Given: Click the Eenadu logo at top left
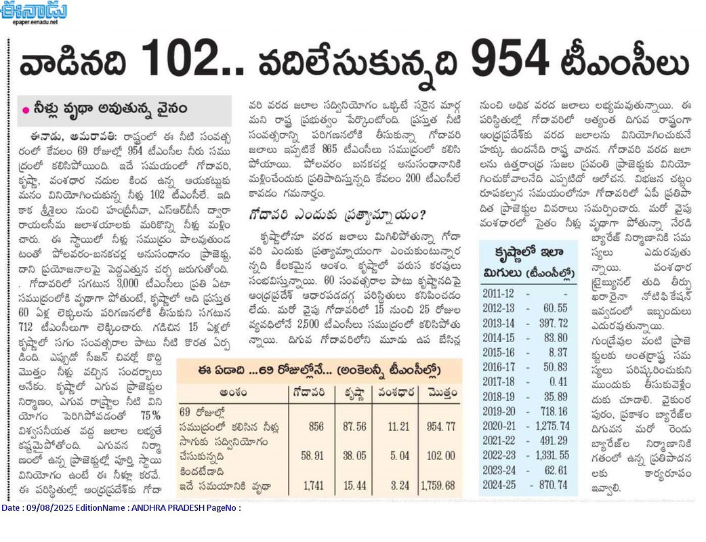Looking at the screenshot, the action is (x=34, y=10).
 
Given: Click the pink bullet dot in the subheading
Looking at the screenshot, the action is (x=26, y=110).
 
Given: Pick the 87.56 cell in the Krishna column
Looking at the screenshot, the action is (x=354, y=426).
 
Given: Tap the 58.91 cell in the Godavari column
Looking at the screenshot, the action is (x=312, y=455).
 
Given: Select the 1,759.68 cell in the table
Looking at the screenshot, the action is (x=438, y=486).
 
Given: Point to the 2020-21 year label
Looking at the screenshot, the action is (x=499, y=426).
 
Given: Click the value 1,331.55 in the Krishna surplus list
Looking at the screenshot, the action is (x=552, y=455).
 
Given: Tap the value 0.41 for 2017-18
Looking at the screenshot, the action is (x=558, y=381).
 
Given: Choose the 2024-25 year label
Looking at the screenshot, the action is (x=499, y=485).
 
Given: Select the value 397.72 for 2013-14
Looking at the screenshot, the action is (x=554, y=323).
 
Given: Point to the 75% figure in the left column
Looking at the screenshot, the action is (x=150, y=415).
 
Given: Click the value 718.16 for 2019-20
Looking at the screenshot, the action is (x=554, y=411).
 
